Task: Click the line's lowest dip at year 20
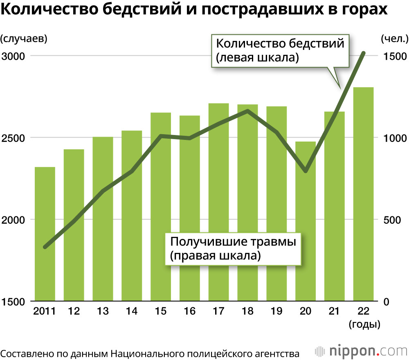[x=306, y=170]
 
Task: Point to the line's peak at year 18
[x=247, y=110]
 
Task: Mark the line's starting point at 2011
[x=45, y=247]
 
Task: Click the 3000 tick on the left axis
[x=13, y=56]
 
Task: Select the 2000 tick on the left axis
[x=13, y=220]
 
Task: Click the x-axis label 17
[x=219, y=312]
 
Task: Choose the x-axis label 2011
[x=44, y=312]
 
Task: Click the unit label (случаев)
[x=24, y=39]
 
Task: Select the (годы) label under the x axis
[x=365, y=325]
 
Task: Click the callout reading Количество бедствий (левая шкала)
[x=280, y=50]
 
